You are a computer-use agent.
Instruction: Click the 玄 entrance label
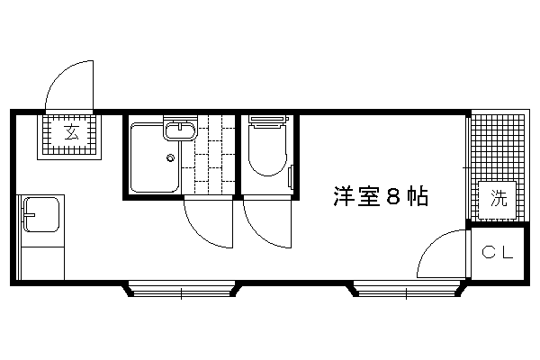pyautogui.click(x=72, y=132)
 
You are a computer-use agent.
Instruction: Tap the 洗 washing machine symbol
pyautogui.click(x=499, y=200)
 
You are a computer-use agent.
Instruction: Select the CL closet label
pyautogui.click(x=498, y=253)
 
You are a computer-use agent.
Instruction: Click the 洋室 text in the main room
pyautogui.click(x=356, y=197)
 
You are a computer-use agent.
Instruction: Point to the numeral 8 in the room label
pyautogui.click(x=392, y=197)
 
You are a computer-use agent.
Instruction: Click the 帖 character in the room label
pyautogui.click(x=418, y=197)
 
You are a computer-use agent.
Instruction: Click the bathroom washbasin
pyautogui.click(x=179, y=130)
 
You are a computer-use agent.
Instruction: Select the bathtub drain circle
pyautogui.click(x=170, y=158)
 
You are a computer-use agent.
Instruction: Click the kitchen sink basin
pyautogui.click(x=40, y=214)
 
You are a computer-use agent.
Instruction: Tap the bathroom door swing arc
pyautogui.click(x=202, y=231)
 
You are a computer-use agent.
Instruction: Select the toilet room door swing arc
pyautogui.click(x=260, y=231)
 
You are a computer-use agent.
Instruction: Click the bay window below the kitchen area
pyautogui.click(x=182, y=289)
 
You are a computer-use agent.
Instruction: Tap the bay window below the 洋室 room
pyautogui.click(x=407, y=289)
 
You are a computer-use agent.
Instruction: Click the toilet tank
pyautogui.click(x=268, y=121)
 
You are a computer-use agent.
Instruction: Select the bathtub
pyautogui.click(x=155, y=157)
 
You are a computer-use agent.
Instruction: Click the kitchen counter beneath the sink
pyautogui.click(x=42, y=263)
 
